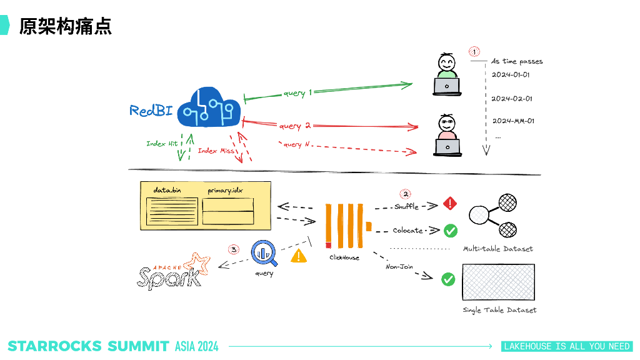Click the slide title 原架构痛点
pos(65,26)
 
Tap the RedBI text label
pos(151,111)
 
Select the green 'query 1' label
pos(297,93)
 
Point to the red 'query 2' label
pos(294,126)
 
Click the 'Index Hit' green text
pos(162,144)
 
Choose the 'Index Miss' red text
pos(216,151)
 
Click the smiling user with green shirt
pos(447,75)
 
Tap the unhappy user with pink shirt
pos(447,135)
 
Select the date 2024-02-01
pos(512,99)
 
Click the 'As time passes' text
pos(517,62)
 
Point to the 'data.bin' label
pos(167,189)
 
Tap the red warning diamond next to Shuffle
pos(450,204)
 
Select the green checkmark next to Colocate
pos(450,231)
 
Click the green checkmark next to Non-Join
pos(448,279)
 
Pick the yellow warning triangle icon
pos(299,256)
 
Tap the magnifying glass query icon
pos(264,252)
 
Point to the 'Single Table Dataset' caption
pos(499,310)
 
